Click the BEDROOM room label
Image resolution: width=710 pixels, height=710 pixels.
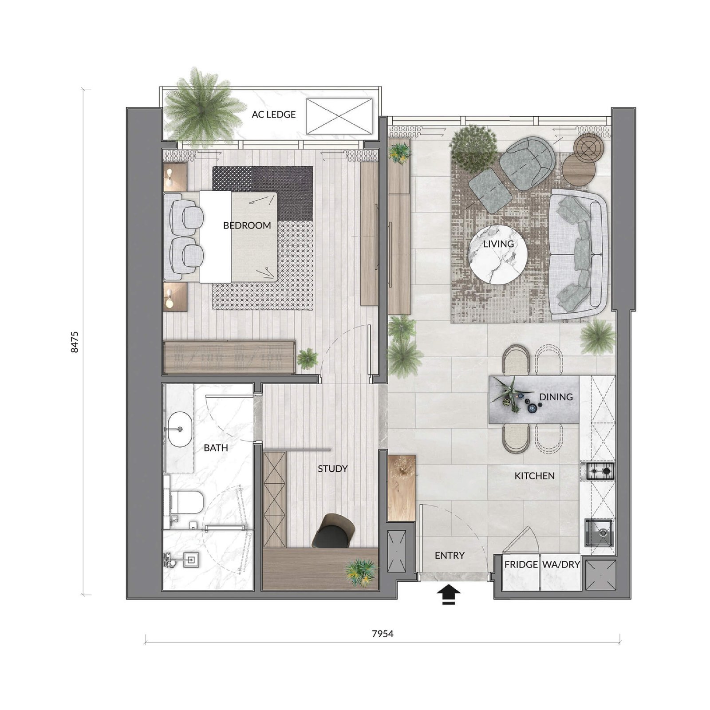(x=247, y=225)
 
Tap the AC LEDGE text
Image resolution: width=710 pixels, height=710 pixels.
(x=273, y=114)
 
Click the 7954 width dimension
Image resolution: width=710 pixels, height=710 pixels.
(x=383, y=634)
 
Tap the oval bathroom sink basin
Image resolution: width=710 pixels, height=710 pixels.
(x=180, y=429)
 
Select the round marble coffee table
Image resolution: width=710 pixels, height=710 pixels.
(x=499, y=253)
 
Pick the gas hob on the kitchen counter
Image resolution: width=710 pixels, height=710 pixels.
(x=601, y=471)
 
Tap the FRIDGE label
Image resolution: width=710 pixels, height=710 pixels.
(x=521, y=564)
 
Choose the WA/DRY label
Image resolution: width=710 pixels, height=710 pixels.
(x=561, y=564)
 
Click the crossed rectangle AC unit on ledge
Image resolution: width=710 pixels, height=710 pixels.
(x=339, y=116)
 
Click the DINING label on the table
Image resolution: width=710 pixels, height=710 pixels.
(x=556, y=397)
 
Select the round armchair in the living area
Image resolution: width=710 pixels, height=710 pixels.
(x=527, y=163)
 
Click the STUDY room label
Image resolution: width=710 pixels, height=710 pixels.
(x=332, y=469)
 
